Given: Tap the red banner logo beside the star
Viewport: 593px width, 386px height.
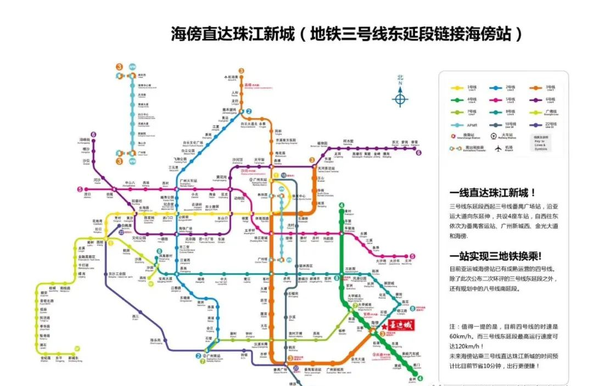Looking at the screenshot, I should tap(403, 326).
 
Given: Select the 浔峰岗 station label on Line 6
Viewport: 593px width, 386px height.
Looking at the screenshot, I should tap(85, 140).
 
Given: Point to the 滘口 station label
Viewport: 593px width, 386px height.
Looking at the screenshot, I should tap(87, 194).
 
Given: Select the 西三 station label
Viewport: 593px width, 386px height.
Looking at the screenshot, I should tap(136, 317).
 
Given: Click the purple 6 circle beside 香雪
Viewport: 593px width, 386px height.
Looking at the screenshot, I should tap(418, 152).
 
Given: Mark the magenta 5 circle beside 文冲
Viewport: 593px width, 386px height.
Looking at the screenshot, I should tap(412, 255).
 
